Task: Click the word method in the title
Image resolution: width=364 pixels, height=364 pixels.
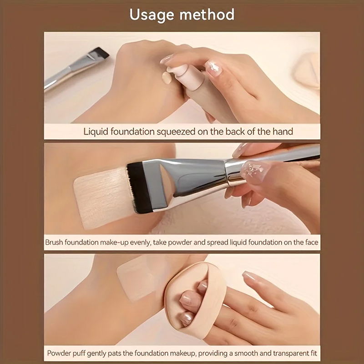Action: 207,15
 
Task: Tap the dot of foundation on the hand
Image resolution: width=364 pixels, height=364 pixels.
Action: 167,78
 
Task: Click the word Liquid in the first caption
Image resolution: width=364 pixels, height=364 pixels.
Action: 96,131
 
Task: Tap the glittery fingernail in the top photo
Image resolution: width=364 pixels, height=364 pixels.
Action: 213,68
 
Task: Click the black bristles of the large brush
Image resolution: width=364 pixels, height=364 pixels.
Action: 138,187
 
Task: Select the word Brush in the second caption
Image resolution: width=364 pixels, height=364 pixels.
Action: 54,243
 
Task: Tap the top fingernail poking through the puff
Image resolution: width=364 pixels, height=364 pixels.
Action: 202,287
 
